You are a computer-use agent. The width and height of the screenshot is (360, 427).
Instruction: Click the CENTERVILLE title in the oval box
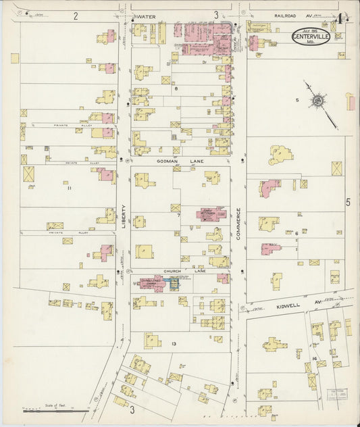[311, 38]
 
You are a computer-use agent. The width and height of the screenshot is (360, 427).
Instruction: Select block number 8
[176, 89]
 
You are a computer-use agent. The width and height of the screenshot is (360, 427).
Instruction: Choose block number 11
[69, 189]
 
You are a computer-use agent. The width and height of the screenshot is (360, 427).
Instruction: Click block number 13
[174, 344]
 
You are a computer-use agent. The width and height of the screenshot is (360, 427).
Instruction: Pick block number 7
[178, 215]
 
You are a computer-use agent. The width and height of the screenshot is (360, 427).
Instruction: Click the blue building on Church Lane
[174, 283]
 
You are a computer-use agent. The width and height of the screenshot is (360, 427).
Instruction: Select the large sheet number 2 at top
[76, 15]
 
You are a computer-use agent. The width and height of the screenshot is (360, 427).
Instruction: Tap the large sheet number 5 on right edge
[349, 202]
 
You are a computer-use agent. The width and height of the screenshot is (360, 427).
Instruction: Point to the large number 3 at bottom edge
[132, 409]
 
